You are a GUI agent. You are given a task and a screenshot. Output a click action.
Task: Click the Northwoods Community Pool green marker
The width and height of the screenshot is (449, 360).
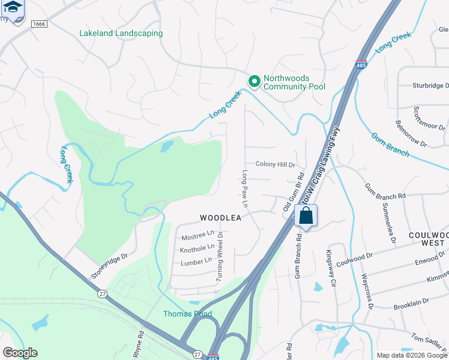(x=254, y=81)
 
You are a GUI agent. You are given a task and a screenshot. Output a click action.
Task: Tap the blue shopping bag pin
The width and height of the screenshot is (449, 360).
(x=306, y=216)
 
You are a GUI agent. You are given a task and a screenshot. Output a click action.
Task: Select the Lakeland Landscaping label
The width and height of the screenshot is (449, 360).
(x=121, y=33)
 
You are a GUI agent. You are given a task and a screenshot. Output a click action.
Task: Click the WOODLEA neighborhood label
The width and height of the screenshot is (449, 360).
(x=220, y=218)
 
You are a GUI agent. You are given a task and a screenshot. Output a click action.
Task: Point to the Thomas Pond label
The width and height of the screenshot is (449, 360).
(x=187, y=314)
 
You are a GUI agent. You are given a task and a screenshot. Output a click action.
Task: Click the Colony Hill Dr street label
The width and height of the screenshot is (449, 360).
(x=276, y=164)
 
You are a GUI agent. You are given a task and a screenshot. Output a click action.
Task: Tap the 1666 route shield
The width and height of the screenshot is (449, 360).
(x=38, y=23)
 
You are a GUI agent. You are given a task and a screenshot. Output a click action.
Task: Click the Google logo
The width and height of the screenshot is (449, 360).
(x=20, y=353)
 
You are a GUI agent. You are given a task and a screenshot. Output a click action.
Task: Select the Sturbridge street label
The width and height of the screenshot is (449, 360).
(x=430, y=86)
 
